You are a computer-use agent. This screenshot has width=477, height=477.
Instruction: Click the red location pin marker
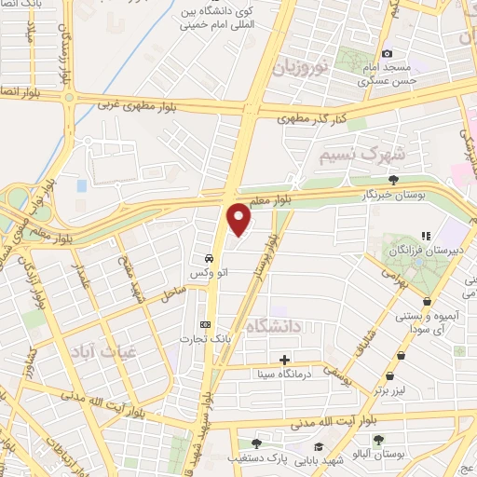point(240,220)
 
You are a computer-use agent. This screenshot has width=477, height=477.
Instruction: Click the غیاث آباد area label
point(97,350)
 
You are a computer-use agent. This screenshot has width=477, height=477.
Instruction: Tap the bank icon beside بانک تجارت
point(205,324)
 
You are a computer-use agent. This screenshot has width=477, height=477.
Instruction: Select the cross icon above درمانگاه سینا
point(284,360)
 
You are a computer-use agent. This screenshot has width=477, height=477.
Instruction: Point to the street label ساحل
point(171,294)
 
